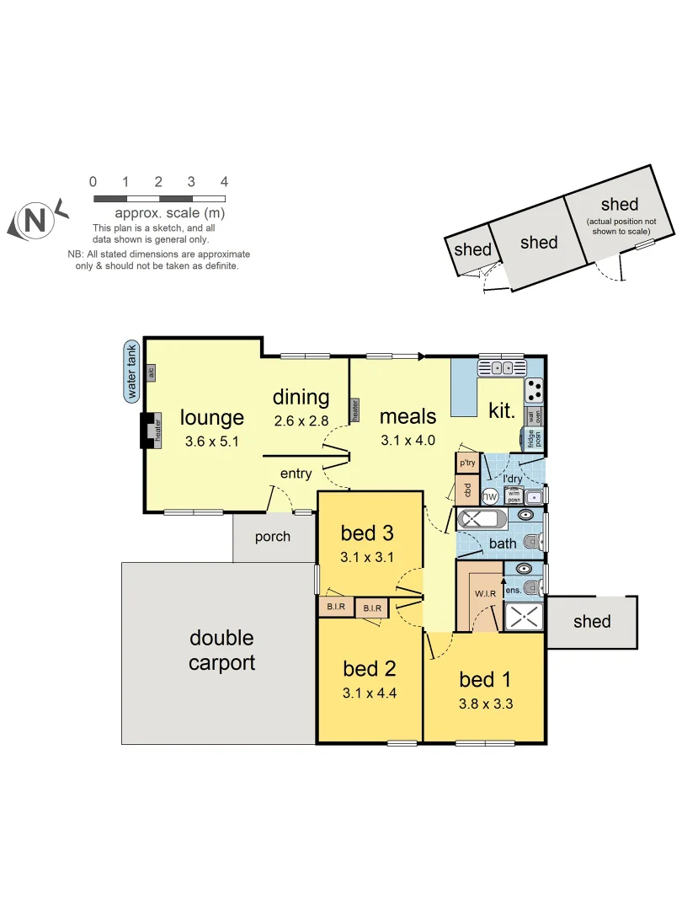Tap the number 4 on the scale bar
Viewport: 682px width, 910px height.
[224, 182]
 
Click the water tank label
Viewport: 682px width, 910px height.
[131, 371]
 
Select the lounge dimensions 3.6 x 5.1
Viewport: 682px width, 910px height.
[212, 440]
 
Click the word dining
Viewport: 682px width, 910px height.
[301, 397]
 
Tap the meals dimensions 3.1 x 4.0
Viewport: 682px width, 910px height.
[408, 439]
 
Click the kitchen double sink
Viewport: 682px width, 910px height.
[501, 367]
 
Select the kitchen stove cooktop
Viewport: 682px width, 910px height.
[535, 389]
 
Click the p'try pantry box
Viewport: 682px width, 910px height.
[466, 463]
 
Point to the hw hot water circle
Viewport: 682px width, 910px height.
[489, 496]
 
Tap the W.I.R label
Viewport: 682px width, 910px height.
[485, 593]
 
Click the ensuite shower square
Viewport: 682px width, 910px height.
[524, 615]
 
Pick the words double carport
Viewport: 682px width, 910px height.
[221, 650]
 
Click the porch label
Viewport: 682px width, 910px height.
[272, 537]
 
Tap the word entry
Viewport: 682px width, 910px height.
[296, 474]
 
